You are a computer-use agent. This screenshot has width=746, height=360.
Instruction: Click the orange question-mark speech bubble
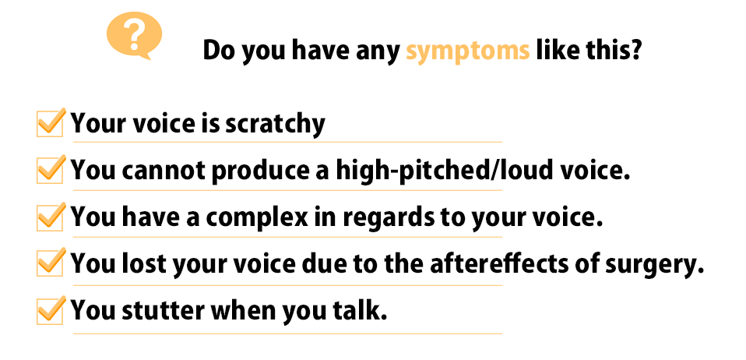click(x=134, y=35)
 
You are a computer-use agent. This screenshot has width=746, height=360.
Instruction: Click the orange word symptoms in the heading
click(x=467, y=51)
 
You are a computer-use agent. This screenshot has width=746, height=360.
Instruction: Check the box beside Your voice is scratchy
click(x=51, y=123)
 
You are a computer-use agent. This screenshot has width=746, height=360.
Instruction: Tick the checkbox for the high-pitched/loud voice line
click(x=51, y=170)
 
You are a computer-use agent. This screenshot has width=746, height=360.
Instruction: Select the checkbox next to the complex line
click(x=51, y=217)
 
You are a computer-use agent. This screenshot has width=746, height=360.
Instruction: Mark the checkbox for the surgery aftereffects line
click(x=51, y=263)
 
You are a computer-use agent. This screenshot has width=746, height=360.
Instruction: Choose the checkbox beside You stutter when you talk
click(x=51, y=310)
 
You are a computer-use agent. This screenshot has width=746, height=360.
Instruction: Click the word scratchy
click(x=275, y=125)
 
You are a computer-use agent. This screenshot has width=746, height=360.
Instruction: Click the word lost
click(x=143, y=263)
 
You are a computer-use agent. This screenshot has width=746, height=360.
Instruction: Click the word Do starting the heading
click(x=219, y=50)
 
